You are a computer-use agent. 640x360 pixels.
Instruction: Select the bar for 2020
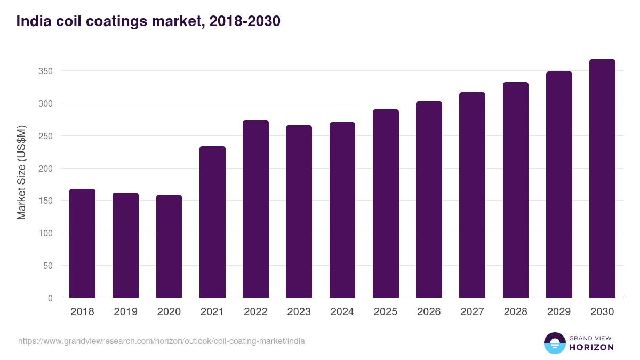(x=169, y=246)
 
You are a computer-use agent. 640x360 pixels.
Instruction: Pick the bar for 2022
(x=255, y=209)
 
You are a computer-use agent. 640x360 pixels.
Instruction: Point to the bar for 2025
(x=386, y=204)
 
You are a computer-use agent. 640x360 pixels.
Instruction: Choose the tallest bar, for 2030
(x=602, y=179)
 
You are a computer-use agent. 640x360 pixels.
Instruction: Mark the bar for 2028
(x=516, y=190)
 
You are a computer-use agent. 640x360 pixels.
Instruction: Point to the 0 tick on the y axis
(x=50, y=298)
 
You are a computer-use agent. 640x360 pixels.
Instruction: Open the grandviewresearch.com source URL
(x=162, y=341)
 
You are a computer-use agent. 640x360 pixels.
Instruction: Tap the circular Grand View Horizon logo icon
(x=554, y=343)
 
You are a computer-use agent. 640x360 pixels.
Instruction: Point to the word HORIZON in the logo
(x=591, y=347)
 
